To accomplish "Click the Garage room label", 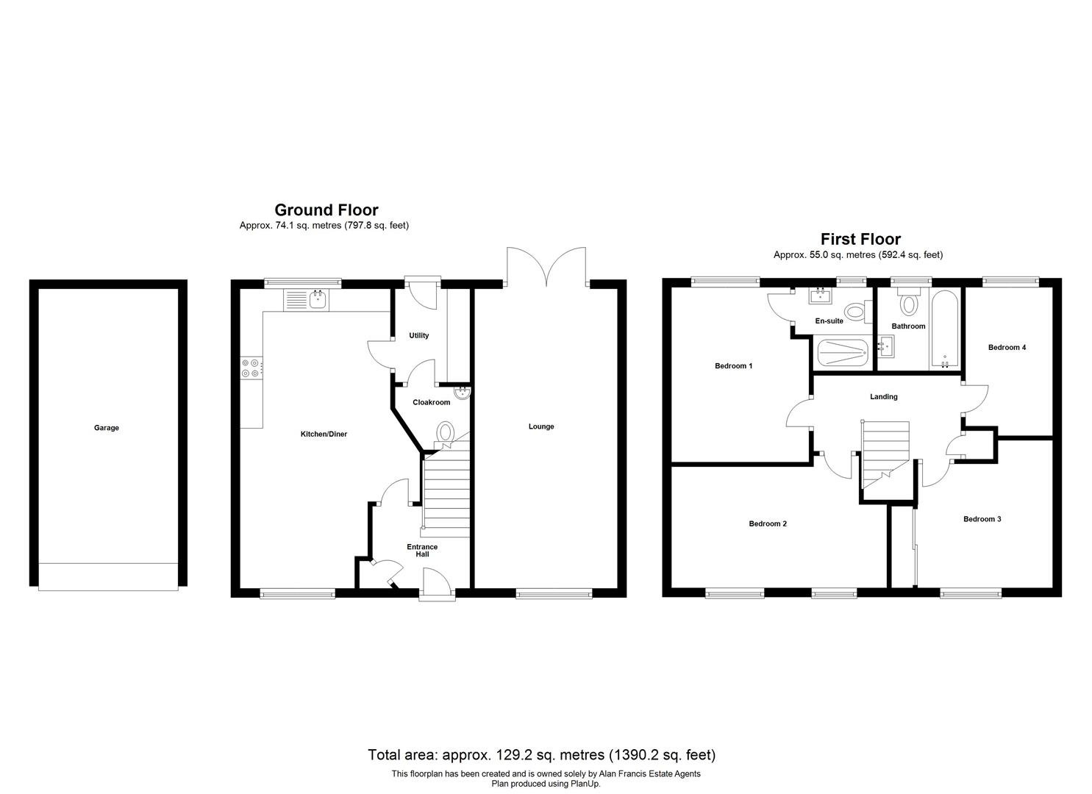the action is (107, 428).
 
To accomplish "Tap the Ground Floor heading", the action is (326, 210).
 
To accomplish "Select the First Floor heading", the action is (860, 239).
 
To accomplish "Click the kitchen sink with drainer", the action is (306, 300).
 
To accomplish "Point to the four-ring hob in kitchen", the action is (251, 368).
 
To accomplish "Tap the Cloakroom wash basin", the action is (461, 393).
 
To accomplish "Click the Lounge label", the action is (541, 426).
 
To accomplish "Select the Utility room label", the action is (418, 335).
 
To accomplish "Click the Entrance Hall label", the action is (422, 551).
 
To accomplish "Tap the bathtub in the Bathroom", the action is (945, 329).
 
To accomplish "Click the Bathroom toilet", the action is (908, 301).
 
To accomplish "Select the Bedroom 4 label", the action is (1007, 348).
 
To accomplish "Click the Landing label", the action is (883, 397).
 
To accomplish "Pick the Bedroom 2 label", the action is (768, 524).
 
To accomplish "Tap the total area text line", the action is (542, 755).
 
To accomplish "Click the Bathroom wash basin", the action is (885, 346).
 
